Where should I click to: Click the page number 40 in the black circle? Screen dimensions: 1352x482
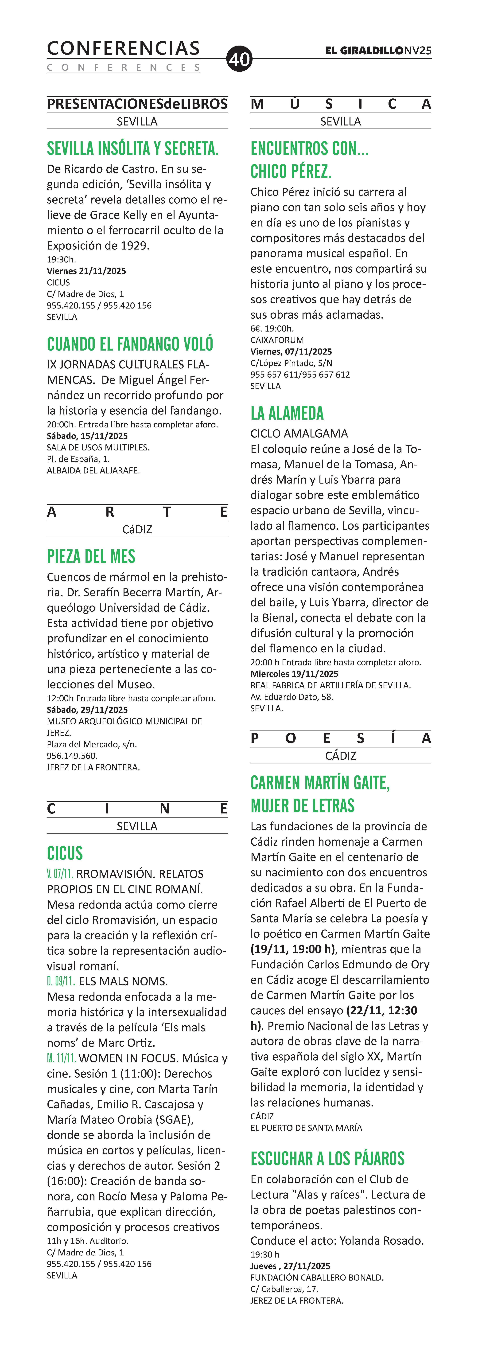pyautogui.click(x=239, y=59)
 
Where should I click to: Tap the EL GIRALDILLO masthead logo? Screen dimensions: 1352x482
pyautogui.click(x=364, y=51)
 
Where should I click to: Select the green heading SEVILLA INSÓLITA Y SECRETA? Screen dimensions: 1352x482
pyautogui.click(x=133, y=149)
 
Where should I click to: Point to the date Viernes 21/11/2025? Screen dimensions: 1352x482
pyautogui.click(x=87, y=271)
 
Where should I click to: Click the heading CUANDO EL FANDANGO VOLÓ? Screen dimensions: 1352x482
pyautogui.click(x=130, y=344)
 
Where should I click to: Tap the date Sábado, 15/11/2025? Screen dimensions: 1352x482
pyautogui.click(x=87, y=436)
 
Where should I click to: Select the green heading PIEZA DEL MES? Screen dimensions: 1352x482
pyautogui.click(x=91, y=556)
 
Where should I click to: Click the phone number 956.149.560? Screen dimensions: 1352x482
pyautogui.click(x=72, y=756)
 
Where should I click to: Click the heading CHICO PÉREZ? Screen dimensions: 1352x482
pyautogui.click(x=291, y=172)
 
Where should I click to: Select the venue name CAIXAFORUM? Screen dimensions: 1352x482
pyautogui.click(x=277, y=340)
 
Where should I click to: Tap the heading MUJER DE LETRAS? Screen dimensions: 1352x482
pyautogui.click(x=303, y=806)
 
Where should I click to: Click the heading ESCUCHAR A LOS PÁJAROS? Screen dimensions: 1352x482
pyautogui.click(x=327, y=1158)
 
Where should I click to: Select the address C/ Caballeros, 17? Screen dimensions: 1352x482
pyautogui.click(x=284, y=1289)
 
